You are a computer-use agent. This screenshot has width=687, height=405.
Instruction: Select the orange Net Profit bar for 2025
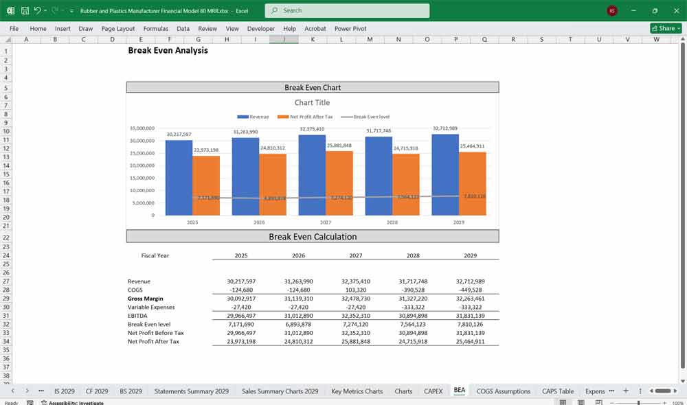[206, 185]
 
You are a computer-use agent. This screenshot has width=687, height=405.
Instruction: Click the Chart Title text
[312, 102]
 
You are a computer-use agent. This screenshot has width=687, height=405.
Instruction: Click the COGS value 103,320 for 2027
[355, 290]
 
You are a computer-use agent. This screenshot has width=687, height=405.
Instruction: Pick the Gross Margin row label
[146, 299]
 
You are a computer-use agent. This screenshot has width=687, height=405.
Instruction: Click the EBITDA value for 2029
[470, 316]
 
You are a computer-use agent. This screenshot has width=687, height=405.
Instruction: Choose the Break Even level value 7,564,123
[413, 324]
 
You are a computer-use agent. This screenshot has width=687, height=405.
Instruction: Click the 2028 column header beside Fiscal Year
[412, 255]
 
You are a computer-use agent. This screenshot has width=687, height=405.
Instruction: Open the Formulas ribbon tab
[155, 29]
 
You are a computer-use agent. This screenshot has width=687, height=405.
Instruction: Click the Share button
[665, 28]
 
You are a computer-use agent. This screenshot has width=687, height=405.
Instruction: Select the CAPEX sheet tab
[433, 391]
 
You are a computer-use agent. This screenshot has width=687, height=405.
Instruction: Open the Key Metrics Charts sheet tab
[357, 391]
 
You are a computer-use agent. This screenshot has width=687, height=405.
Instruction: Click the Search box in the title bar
[347, 10]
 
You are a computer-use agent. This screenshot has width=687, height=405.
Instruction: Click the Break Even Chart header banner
[313, 87]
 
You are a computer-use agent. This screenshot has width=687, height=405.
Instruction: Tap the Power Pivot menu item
[350, 29]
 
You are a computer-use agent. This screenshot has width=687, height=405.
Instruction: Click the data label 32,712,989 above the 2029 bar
[444, 128]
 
